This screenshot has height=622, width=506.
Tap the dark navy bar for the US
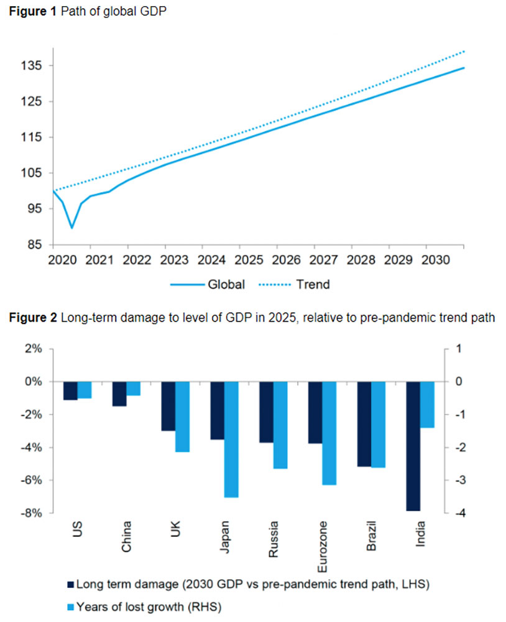tap(70, 391)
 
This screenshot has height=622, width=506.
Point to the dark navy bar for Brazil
tap(364, 424)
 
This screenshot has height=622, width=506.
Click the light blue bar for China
tap(133, 389)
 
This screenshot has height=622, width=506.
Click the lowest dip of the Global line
tap(72, 228)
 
